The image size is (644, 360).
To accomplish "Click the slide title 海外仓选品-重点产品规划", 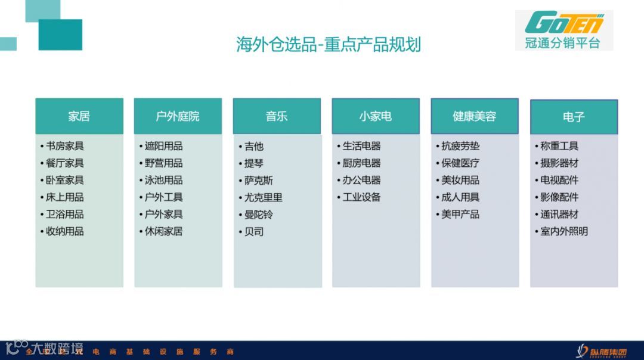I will pos(328,45).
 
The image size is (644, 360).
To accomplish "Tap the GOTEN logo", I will pos(563,23).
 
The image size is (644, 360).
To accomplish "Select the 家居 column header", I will pos(79,116).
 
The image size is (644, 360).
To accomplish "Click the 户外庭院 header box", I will pos(178,116).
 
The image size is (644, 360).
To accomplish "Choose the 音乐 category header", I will pos(277,116).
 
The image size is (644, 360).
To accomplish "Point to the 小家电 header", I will pos(376,116).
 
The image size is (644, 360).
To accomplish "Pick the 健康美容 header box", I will pos(475,116).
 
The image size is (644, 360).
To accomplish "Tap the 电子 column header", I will pos(574,117).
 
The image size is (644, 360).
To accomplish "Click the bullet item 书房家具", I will pos(64,146).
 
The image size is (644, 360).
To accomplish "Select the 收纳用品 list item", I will pos(64,231).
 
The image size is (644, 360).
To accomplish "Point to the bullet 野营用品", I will pos(163,163).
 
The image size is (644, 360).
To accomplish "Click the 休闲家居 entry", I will pos(163,231).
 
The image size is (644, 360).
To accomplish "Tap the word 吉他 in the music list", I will pos(253,146).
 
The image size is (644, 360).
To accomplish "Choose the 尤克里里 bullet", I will pos(263,197).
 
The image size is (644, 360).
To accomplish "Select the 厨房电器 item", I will pos(361,163).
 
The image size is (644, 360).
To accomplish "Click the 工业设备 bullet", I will pos(361,197).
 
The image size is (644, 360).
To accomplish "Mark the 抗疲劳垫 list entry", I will pos(460,146).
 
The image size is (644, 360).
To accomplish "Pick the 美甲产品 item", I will pos(460,214).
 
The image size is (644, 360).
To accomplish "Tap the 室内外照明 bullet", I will pos(563,231).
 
